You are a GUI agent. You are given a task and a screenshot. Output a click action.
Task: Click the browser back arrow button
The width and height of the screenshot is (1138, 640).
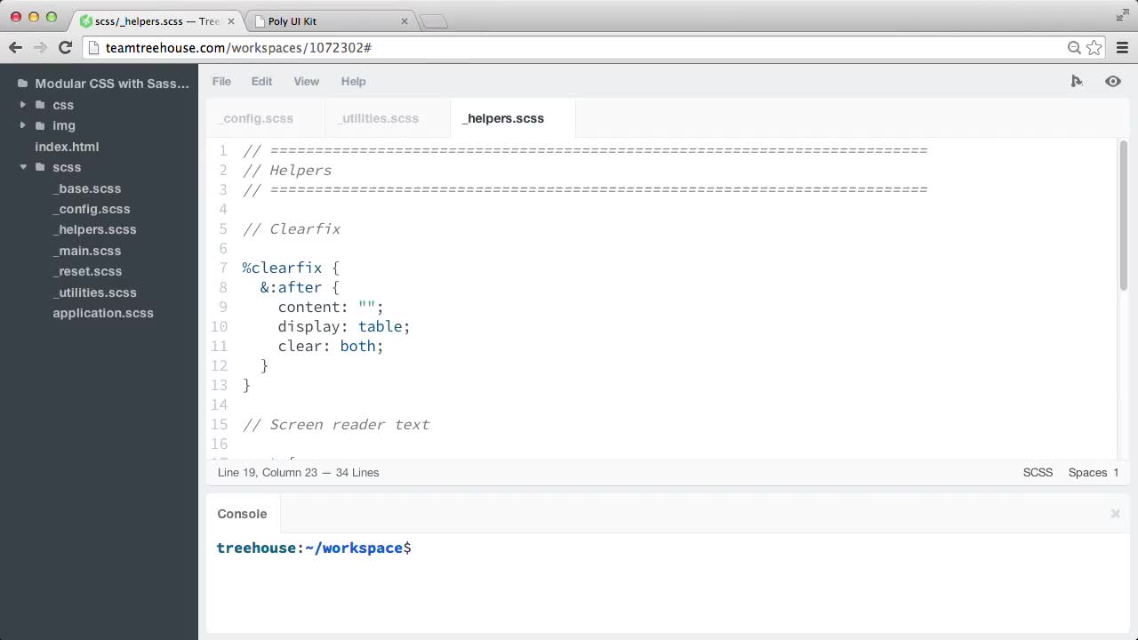pos(15,48)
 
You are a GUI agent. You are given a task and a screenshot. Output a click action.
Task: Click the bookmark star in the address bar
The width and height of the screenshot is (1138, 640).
pos(1094,48)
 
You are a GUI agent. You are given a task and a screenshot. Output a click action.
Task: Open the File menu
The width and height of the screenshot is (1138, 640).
pos(221,81)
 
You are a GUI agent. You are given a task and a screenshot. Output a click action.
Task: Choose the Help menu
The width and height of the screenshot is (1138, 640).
pos(353,81)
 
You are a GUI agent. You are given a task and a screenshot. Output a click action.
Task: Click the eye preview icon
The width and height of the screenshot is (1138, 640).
pos(1112,81)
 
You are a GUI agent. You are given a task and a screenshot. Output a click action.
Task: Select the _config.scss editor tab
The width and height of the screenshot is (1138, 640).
pos(257,118)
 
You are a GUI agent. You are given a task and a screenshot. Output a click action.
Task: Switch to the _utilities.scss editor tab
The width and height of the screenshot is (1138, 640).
pos(379,118)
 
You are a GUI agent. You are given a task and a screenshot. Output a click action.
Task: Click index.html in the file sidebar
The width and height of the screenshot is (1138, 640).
pos(67,147)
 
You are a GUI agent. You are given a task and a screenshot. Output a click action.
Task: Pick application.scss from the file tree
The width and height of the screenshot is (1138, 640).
pos(103,313)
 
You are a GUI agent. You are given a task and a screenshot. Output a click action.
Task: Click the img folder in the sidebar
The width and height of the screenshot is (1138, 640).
pos(64,125)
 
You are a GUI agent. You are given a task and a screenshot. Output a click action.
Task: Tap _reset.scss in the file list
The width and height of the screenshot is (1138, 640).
pos(88,271)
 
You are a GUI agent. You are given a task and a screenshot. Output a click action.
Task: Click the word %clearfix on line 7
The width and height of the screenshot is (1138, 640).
pos(283,268)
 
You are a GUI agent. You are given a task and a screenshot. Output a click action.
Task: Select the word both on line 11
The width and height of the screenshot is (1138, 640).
pos(357,346)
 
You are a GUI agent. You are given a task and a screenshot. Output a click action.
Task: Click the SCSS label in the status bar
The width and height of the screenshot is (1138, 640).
pos(1038,472)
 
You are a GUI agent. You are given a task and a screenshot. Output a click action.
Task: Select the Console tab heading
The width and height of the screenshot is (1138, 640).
pos(242,514)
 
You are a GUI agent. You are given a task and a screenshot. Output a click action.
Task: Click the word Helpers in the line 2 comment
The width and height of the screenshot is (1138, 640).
pos(301,170)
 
